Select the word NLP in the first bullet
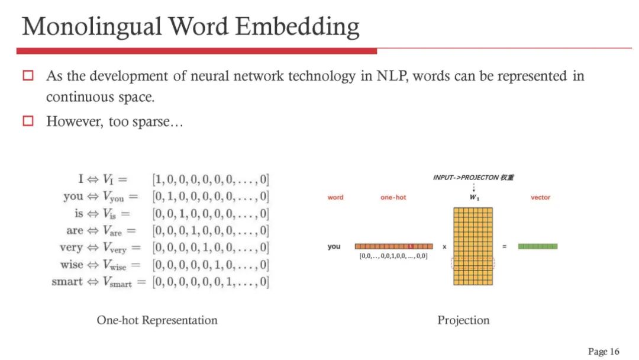[x=392, y=76]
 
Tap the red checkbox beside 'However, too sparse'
[x=28, y=121]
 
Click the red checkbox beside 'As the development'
[x=28, y=76]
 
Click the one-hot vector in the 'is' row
[x=211, y=213]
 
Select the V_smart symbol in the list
[x=117, y=282]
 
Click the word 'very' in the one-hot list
[x=71, y=247]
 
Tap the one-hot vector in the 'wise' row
[x=211, y=265]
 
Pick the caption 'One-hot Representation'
[x=157, y=320]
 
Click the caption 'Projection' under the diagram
[x=463, y=320]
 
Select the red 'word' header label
[x=335, y=197]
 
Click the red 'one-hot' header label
[x=393, y=197]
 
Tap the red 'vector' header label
[x=540, y=197]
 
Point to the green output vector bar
[x=537, y=246]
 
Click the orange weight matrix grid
[x=473, y=246]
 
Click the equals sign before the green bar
[x=504, y=246]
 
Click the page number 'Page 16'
[x=603, y=351]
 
